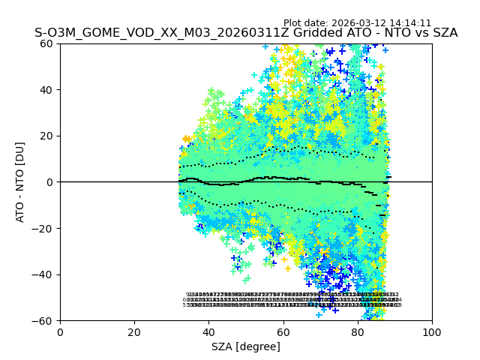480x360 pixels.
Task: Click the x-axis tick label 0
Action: (x=60, y=331)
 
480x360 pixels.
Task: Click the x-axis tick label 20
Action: (x=134, y=331)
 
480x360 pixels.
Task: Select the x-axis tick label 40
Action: (x=208, y=331)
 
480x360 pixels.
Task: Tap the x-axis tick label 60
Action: (x=283, y=331)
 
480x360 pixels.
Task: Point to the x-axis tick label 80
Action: (x=358, y=331)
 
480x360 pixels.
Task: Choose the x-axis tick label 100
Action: (x=432, y=331)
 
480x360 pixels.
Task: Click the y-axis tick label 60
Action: (x=46, y=43)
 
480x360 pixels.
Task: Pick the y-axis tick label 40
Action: (x=46, y=90)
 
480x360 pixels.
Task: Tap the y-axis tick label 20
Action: (x=46, y=136)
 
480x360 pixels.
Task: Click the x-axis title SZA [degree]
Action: (x=246, y=346)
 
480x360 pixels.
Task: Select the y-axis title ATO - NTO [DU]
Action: (x=20, y=181)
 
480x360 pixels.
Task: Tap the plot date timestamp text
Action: (x=358, y=23)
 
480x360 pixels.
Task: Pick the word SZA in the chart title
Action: (x=443, y=33)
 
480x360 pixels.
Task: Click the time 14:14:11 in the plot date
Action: (x=409, y=23)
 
